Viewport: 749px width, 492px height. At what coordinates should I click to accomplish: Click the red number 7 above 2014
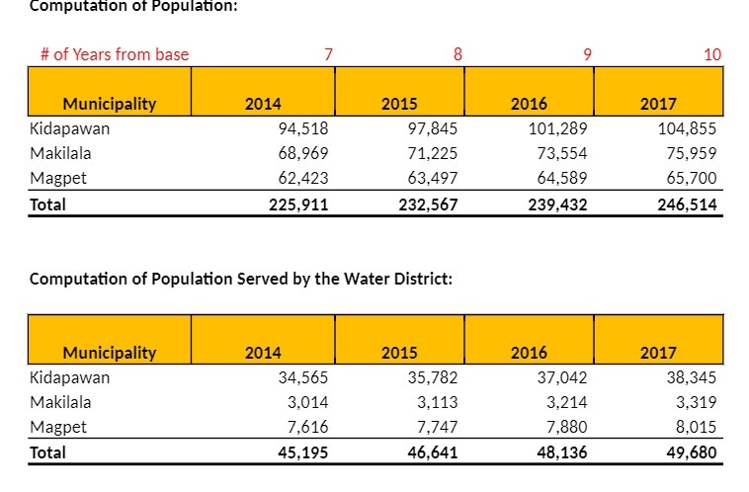tap(328, 54)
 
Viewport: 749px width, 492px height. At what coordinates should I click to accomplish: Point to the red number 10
tap(712, 54)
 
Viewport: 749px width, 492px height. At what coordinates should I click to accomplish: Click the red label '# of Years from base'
tap(115, 54)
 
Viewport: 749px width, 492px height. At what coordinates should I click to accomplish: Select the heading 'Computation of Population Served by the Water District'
tap(241, 279)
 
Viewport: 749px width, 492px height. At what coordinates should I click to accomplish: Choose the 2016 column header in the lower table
tap(529, 353)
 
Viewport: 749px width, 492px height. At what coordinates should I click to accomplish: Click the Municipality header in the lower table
tap(110, 353)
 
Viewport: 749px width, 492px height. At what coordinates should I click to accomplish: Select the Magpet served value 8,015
tap(692, 427)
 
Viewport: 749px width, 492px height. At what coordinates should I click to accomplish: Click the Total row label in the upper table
tap(47, 205)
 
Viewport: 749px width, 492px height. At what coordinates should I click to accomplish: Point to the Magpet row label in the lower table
tap(58, 427)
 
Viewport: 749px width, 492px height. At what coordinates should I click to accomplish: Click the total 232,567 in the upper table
tap(429, 205)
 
